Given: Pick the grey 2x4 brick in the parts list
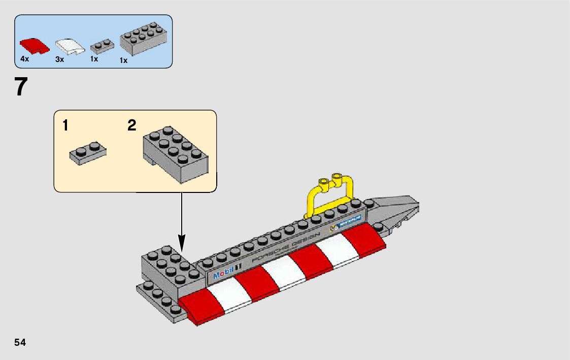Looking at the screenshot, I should pyautogui.click(x=144, y=38).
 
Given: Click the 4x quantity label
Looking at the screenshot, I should pyautogui.click(x=25, y=59).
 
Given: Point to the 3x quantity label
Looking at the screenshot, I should pyautogui.click(x=60, y=59).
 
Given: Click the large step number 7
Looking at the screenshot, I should pyautogui.click(x=20, y=87).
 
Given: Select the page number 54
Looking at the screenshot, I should pyautogui.click(x=20, y=342).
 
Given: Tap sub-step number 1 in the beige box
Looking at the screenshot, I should pyautogui.click(x=66, y=125).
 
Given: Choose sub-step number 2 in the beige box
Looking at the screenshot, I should pyautogui.click(x=132, y=125).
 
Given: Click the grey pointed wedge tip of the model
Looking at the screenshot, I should pyautogui.click(x=401, y=206).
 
